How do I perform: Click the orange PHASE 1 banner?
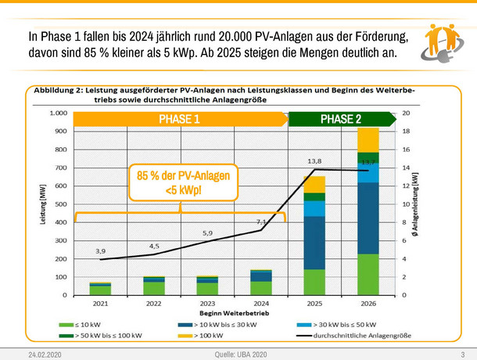pos(180,120)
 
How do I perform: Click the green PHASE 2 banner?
pos(341,120)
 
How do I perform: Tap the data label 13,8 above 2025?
pos(313,161)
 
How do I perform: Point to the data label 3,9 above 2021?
pos(101,251)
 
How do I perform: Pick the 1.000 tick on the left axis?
pos(57,113)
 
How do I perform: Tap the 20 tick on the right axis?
pos(405,113)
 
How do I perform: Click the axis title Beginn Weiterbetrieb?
pos(230,313)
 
